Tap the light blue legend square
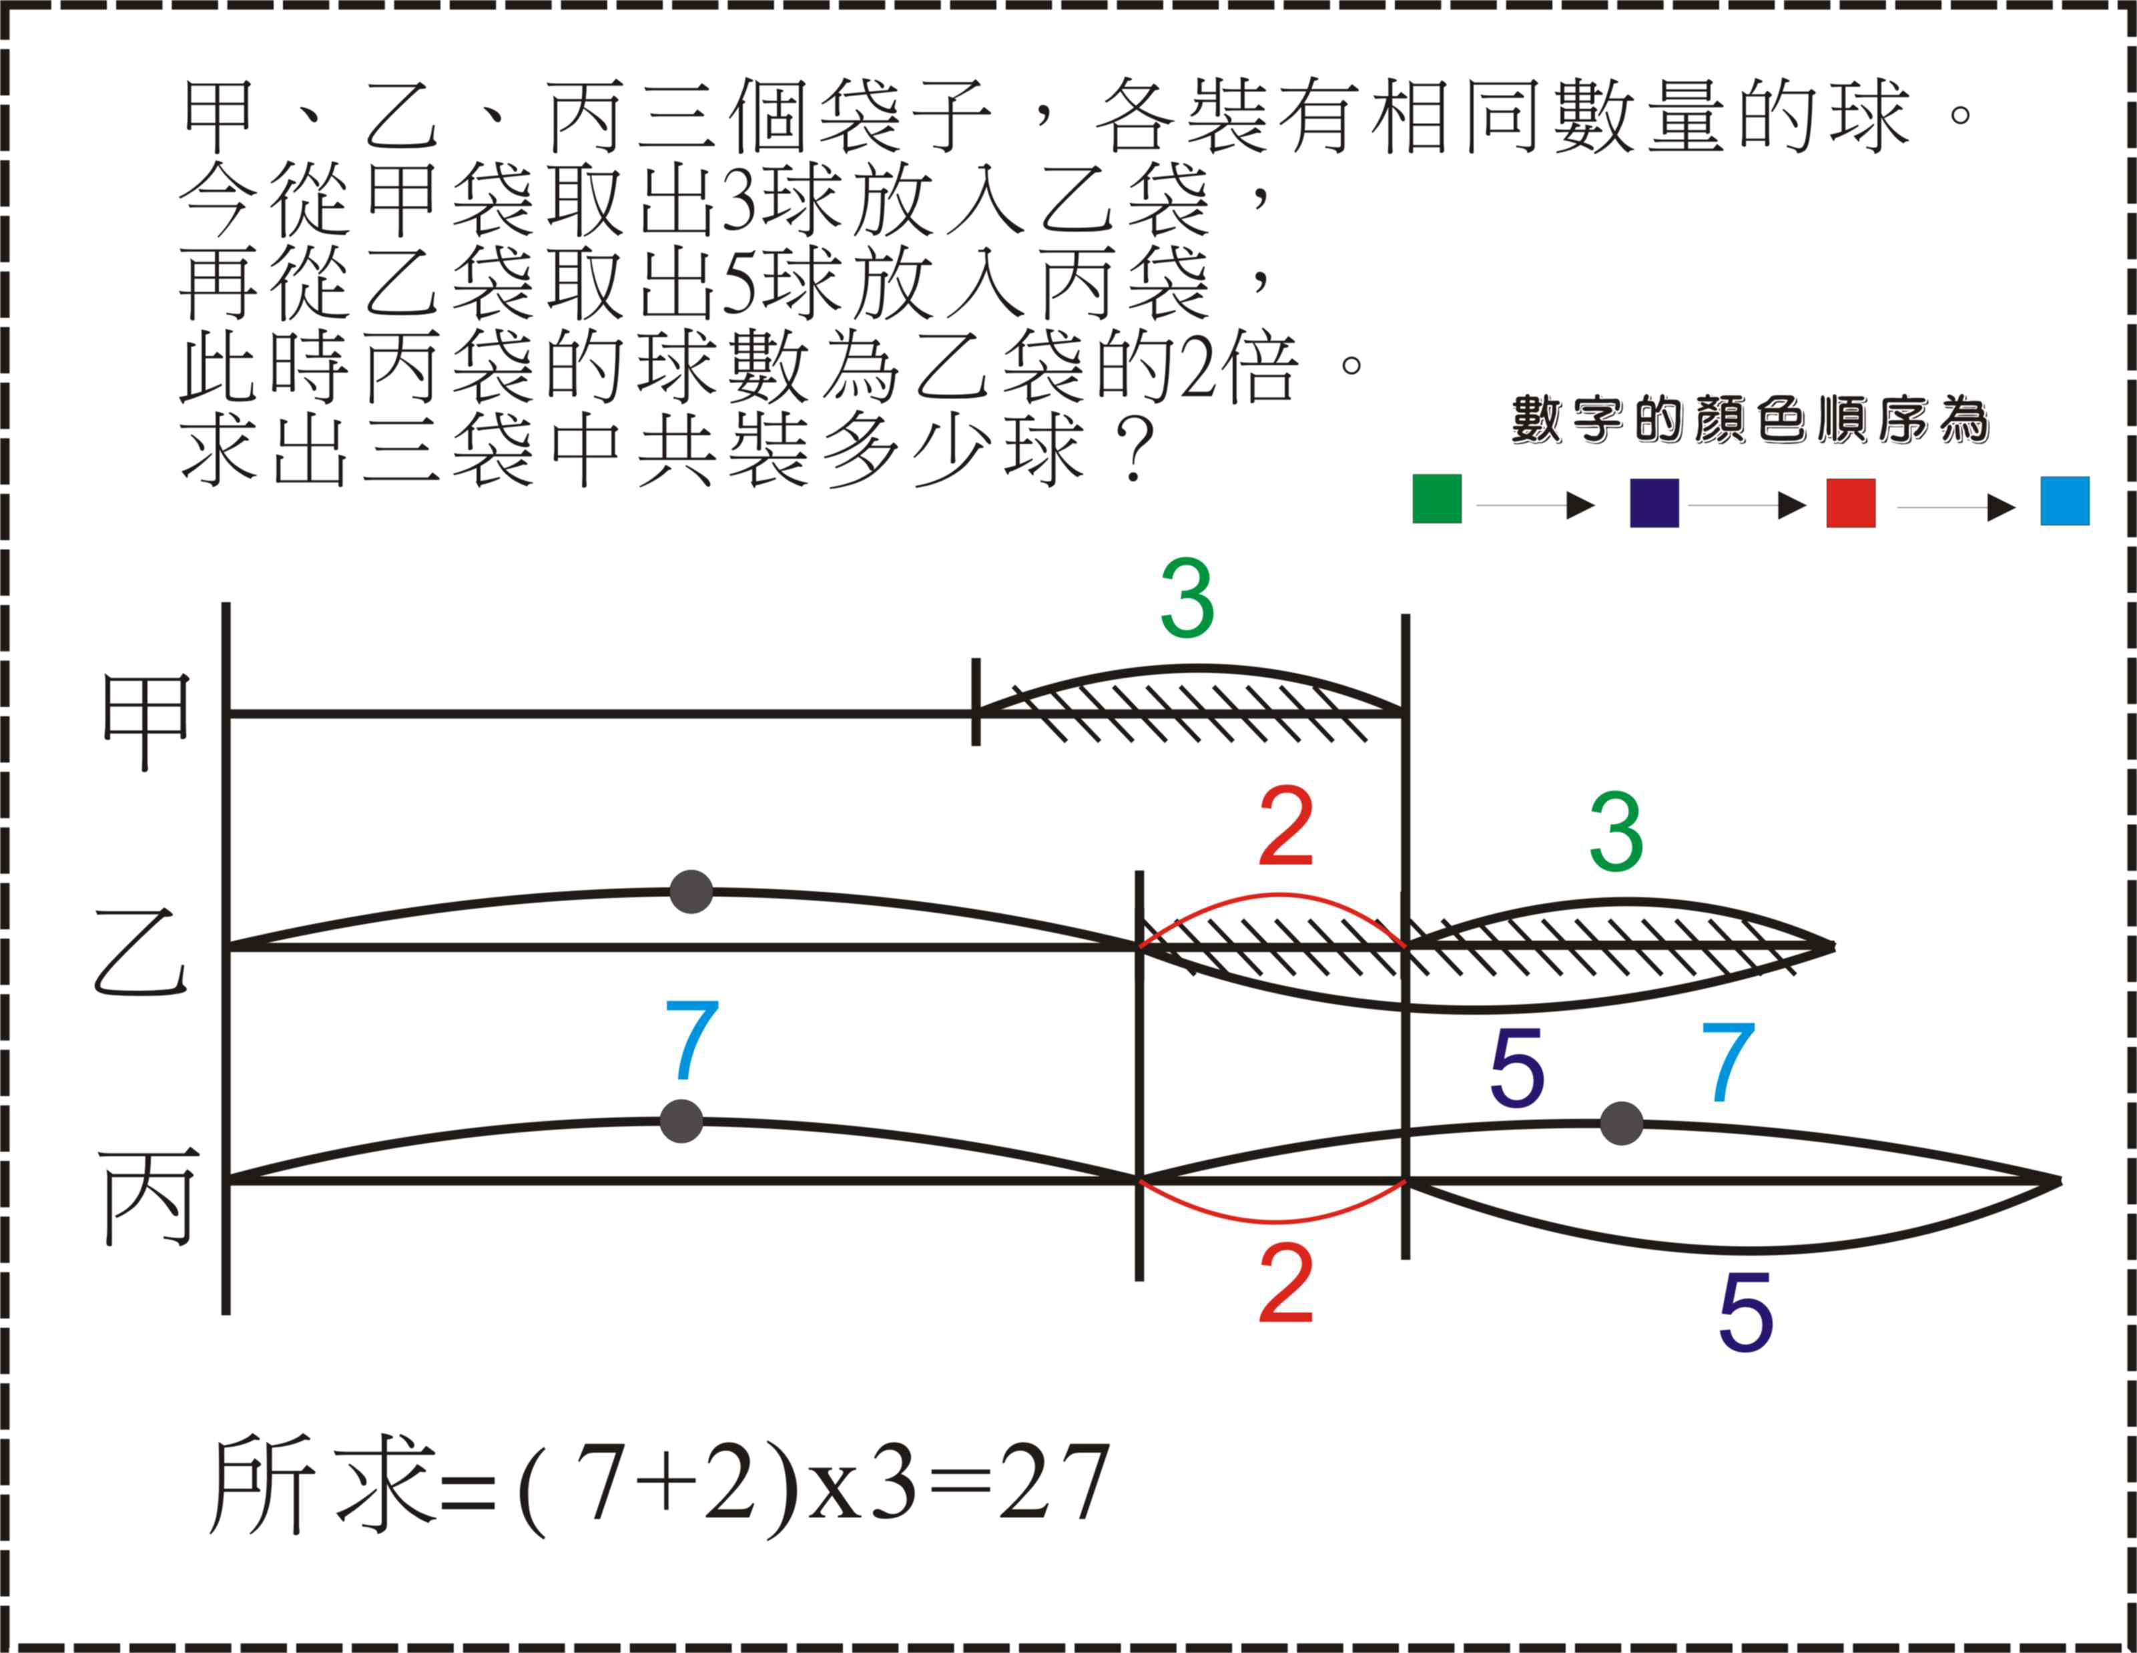pos(2065,501)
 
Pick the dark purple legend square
pos(1654,503)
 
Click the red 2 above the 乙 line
pos(1285,827)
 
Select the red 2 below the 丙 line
pos(1285,1283)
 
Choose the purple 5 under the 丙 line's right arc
pos(1746,1313)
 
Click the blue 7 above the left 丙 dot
pos(692,1039)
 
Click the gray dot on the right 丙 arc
pos(1621,1122)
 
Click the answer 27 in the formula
pos(1054,1483)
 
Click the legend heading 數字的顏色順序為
pos(1751,420)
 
